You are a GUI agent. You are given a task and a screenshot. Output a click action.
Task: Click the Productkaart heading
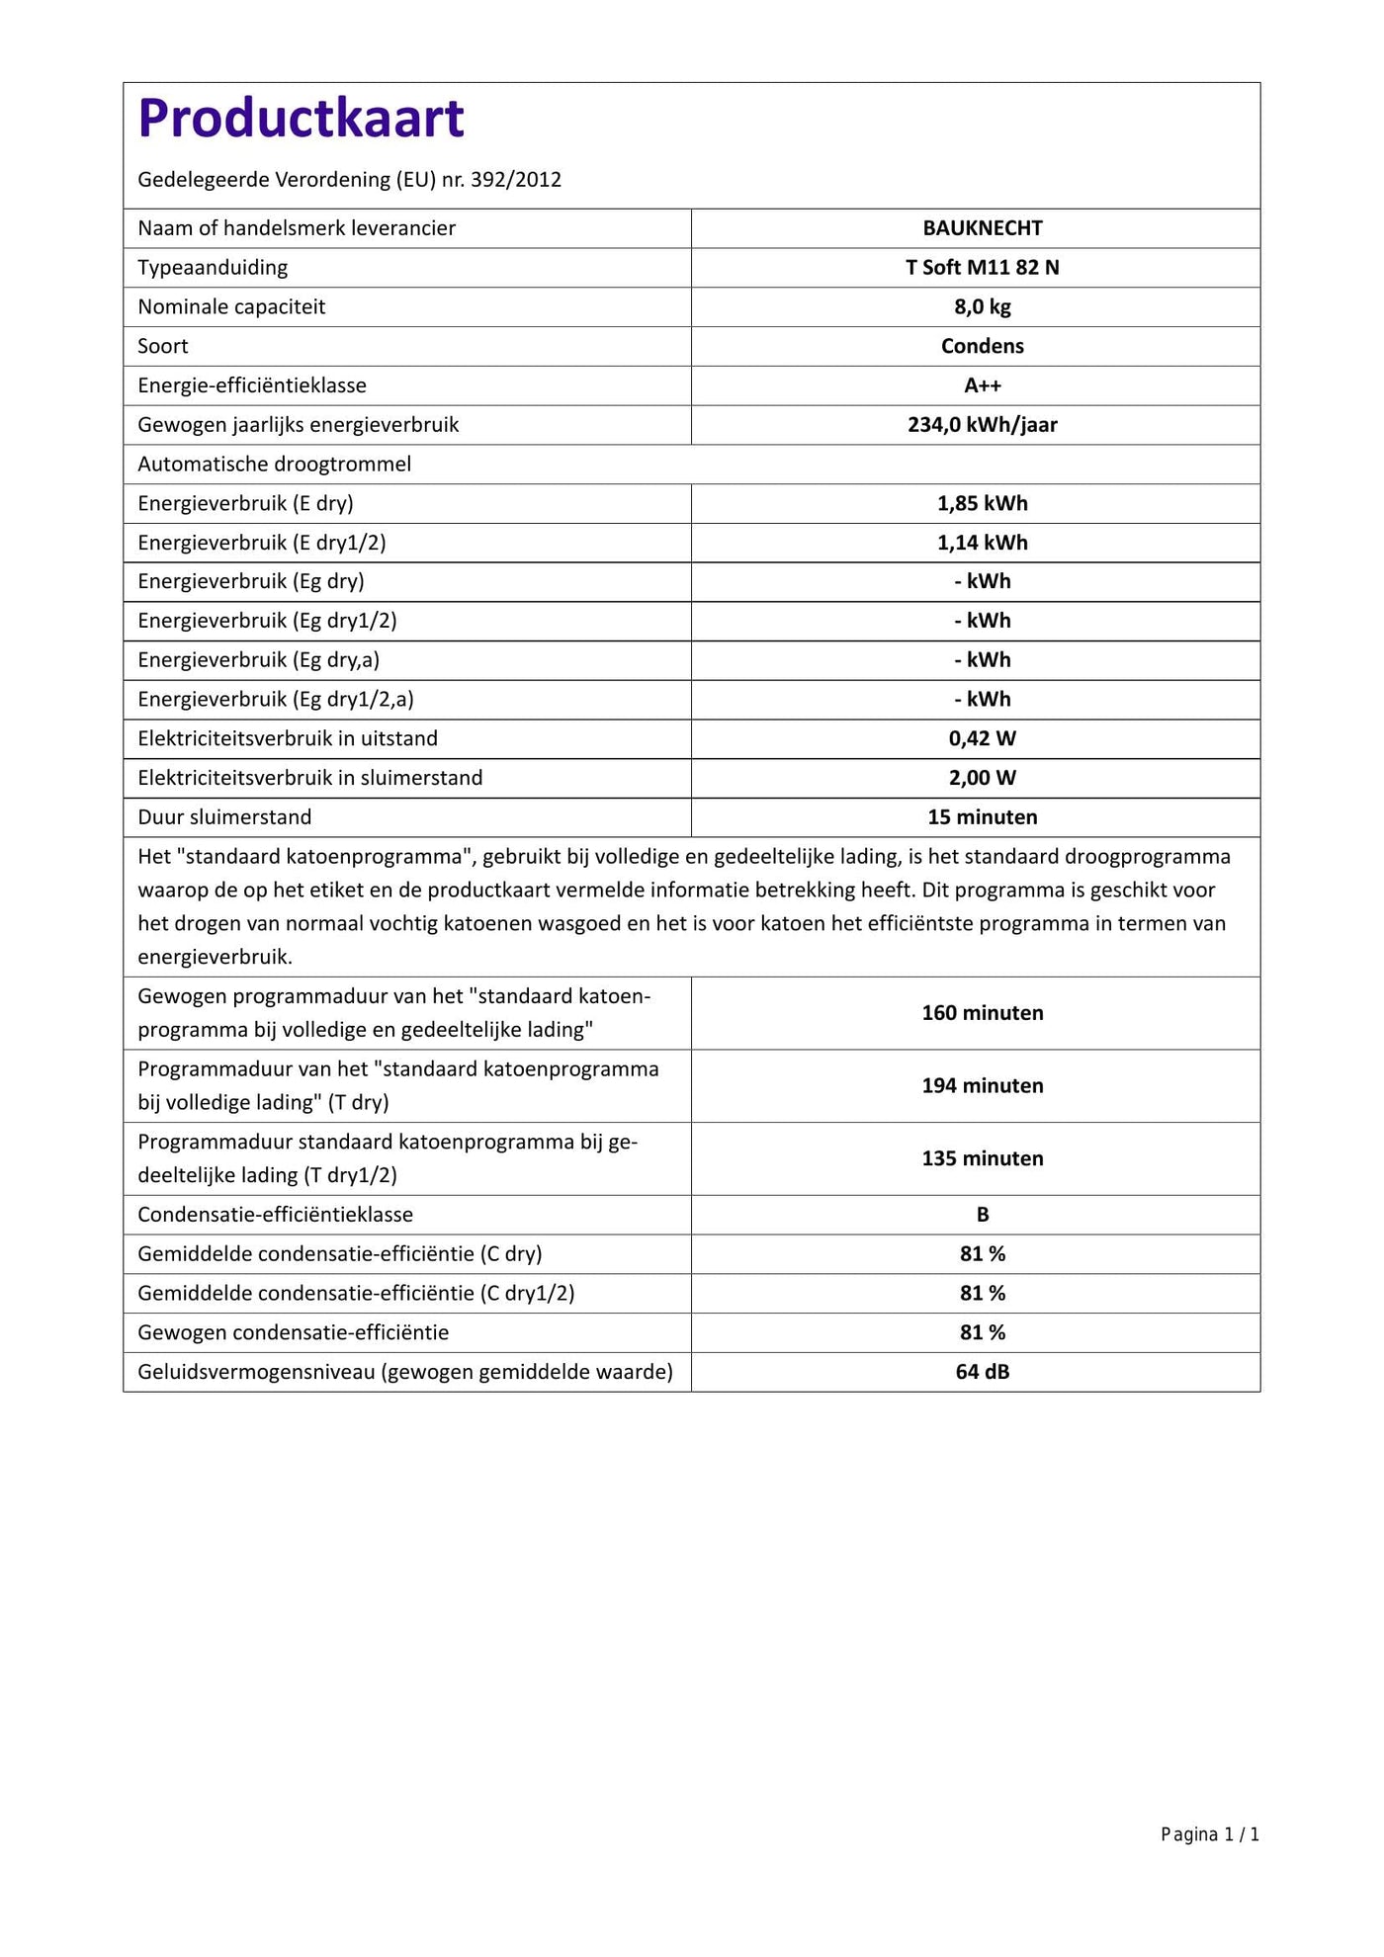301,119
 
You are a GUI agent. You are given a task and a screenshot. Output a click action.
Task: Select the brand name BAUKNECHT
983,228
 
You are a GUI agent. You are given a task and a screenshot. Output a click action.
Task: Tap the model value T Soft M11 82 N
983,268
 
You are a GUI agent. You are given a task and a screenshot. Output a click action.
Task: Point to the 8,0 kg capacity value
983,307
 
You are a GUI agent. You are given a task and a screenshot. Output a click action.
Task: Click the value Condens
983,346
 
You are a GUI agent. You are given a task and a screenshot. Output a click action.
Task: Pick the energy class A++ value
983,385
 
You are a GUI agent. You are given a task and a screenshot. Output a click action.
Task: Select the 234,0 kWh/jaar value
983,425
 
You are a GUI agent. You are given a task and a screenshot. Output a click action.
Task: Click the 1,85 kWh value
983,503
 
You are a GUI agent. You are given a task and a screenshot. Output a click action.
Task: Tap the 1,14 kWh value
983,543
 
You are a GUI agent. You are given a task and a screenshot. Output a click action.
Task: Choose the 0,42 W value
983,738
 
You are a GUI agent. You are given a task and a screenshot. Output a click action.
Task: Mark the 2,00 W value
983,778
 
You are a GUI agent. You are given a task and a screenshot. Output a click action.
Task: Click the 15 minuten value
983,817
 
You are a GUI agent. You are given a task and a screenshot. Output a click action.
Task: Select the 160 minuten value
983,1013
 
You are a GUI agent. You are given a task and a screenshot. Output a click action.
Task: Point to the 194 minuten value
983,1086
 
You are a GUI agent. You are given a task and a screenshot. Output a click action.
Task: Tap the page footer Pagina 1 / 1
1210,1835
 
